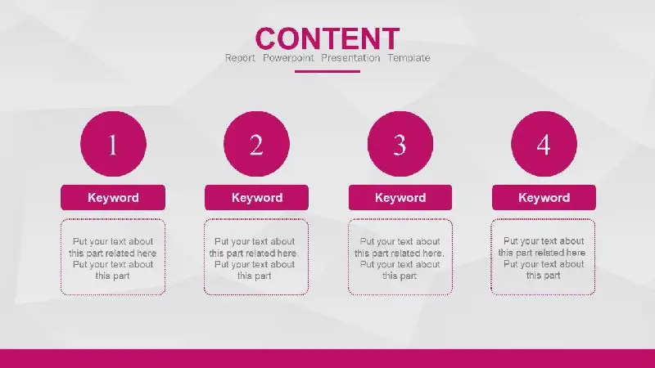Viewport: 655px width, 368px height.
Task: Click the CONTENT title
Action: click(x=327, y=38)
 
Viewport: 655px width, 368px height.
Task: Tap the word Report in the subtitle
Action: click(x=240, y=58)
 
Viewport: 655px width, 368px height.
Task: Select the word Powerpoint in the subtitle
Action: click(x=288, y=58)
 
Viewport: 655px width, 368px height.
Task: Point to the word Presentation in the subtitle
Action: click(x=350, y=58)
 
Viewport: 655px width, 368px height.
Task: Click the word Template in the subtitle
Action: click(x=409, y=58)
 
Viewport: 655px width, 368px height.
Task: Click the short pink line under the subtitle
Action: click(x=327, y=71)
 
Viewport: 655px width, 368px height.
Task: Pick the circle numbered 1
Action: click(x=113, y=144)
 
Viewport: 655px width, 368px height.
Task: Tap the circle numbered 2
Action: click(x=256, y=144)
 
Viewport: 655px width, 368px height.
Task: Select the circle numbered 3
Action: click(x=400, y=144)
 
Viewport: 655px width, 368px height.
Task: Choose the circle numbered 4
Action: click(x=544, y=144)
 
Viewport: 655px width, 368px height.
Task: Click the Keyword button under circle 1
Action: click(x=113, y=197)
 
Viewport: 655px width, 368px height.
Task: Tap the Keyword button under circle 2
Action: click(x=256, y=197)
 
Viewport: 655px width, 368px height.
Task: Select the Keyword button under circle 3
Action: click(x=400, y=197)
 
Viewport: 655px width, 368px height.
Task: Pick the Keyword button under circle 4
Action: click(x=544, y=197)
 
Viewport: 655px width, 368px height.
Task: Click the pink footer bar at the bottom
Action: click(x=327, y=359)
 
